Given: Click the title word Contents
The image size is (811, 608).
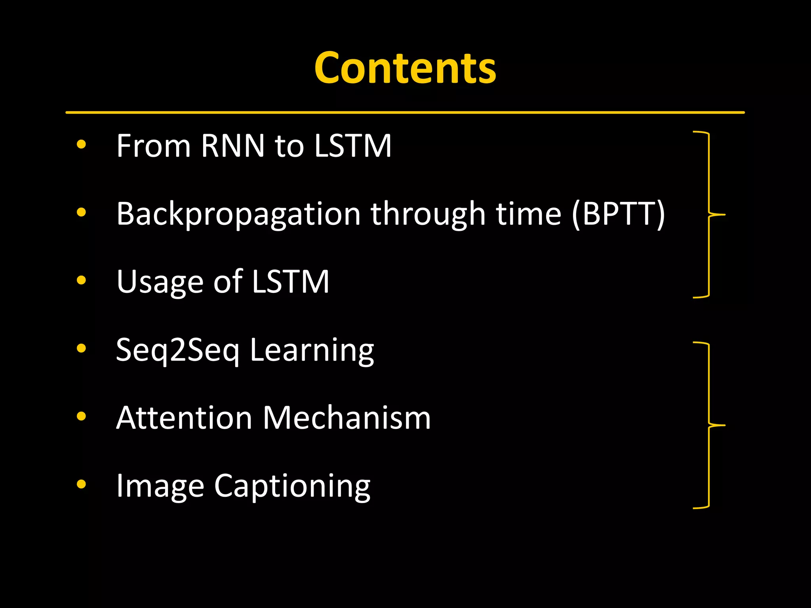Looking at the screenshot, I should [405, 68].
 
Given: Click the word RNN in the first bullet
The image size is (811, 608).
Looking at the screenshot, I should [232, 146].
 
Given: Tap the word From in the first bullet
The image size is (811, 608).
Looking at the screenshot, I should [153, 146].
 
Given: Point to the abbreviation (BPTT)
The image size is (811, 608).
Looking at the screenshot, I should [618, 214].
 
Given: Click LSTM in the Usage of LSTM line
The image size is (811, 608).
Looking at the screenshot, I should [290, 282].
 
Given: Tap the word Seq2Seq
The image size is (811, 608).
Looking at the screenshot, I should [178, 350].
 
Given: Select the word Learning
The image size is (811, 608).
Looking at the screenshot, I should [312, 350].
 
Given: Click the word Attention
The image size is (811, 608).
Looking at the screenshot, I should [184, 418].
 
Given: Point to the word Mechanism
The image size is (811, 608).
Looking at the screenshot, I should [347, 418].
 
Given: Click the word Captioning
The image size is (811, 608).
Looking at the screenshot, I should [292, 486].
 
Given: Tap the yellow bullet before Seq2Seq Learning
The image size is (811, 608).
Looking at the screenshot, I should [81, 348].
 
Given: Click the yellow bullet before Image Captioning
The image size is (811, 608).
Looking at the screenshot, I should [81, 484].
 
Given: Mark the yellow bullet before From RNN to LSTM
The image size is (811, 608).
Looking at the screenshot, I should [81, 144].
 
